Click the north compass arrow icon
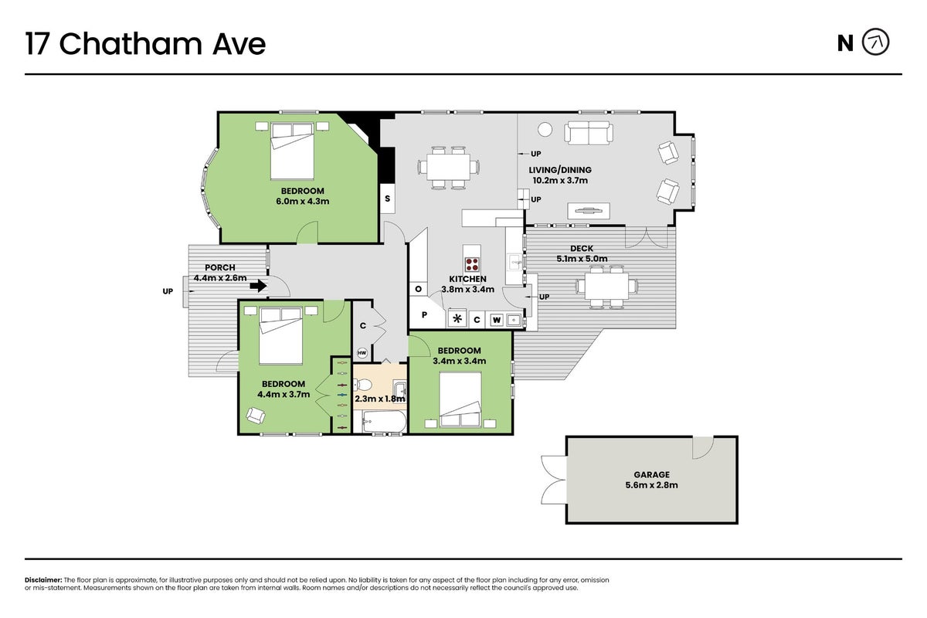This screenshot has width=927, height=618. click(x=875, y=42)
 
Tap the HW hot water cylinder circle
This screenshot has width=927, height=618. click(x=362, y=353)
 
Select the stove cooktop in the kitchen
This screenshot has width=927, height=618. click(x=472, y=263)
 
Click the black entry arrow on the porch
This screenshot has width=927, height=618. click(x=258, y=286)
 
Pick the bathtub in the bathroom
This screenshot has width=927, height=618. click(x=385, y=421)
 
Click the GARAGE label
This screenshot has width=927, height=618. click(x=651, y=475)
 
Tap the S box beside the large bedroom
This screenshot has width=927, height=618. click(x=387, y=199)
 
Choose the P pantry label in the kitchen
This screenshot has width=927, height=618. click(x=424, y=315)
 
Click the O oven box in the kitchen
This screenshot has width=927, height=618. click(x=419, y=289)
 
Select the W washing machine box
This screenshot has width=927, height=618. click(x=497, y=320)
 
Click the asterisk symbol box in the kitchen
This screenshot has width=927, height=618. click(x=457, y=319)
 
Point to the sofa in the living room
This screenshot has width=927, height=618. click(x=589, y=132)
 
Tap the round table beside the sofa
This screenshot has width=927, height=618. click(x=545, y=130)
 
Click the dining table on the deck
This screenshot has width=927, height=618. click(x=606, y=287)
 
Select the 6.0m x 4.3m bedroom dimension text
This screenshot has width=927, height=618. click(x=303, y=201)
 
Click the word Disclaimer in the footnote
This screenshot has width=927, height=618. click(x=43, y=580)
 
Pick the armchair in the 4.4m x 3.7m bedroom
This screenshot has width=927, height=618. click(x=256, y=415)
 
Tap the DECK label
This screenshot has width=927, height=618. click(x=582, y=249)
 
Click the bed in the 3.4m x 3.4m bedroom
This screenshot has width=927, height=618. click(x=460, y=399)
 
